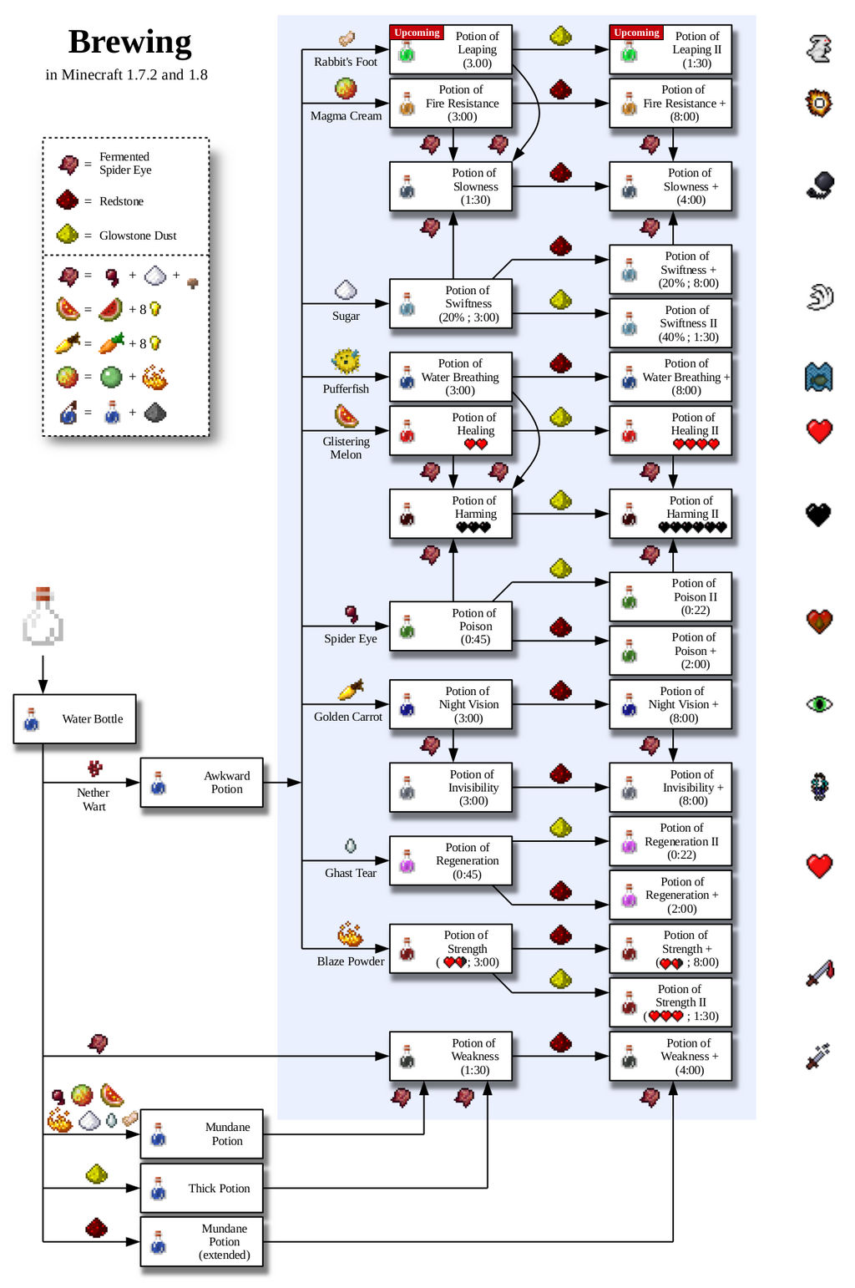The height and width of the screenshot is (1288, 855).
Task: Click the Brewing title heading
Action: pyautogui.click(x=129, y=42)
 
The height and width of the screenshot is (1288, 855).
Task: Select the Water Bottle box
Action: pyautogui.click(x=74, y=719)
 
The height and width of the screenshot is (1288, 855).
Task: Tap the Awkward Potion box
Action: pyautogui.click(x=201, y=783)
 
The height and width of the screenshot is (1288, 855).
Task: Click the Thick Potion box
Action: pyautogui.click(x=201, y=1189)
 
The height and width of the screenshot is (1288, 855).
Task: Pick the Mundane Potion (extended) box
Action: pyautogui.click(x=201, y=1242)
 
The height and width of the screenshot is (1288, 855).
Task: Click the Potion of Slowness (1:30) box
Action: pyautogui.click(x=451, y=186)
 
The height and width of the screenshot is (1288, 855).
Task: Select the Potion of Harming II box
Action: pyautogui.click(x=670, y=514)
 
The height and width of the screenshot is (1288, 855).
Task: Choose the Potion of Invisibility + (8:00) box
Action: pyautogui.click(x=670, y=788)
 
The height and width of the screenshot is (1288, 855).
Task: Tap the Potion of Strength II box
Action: pyautogui.click(x=670, y=1002)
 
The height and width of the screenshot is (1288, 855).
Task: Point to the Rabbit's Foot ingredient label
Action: pyautogui.click(x=346, y=62)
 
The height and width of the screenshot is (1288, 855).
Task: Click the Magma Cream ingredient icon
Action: pyautogui.click(x=346, y=89)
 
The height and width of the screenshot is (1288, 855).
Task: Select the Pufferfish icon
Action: pyautogui.click(x=346, y=362)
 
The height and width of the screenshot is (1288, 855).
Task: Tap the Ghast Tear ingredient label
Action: pyautogui.click(x=351, y=873)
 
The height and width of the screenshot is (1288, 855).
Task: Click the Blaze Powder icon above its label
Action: pyautogui.click(x=350, y=935)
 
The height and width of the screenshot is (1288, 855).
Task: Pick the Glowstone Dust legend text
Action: pyautogui.click(x=138, y=236)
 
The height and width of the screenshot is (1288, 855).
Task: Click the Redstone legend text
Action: pyautogui.click(x=121, y=201)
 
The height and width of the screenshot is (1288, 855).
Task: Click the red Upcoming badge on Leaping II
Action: pyautogui.click(x=636, y=33)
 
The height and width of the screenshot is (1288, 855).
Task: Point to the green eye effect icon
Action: pyautogui.click(x=819, y=704)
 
